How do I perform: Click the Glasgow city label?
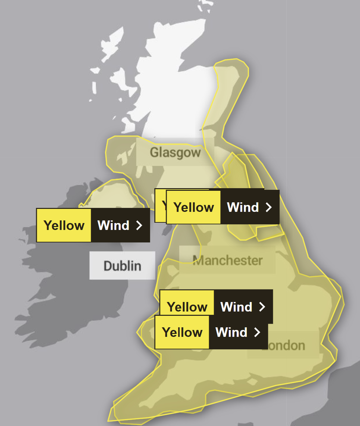coord(175,152)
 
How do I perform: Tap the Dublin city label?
coord(122,265)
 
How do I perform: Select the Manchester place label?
coord(227,260)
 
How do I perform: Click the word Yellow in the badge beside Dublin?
coord(64,225)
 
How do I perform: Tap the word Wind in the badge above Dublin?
coord(113,225)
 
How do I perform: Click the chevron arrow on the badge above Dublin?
coord(139,225)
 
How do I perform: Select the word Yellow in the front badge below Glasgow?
coord(194,207)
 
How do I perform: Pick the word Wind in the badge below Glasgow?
coord(243,207)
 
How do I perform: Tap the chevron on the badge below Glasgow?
coord(269,207)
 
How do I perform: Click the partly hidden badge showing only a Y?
coord(161,206)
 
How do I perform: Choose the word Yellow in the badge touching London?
coord(182,332)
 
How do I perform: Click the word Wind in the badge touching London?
coord(231,332)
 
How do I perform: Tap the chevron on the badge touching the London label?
coord(258,332)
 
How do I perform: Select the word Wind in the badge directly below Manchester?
coord(236,307)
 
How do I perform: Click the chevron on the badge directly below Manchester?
coord(262,307)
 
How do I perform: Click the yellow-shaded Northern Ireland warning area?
coord(110,195)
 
